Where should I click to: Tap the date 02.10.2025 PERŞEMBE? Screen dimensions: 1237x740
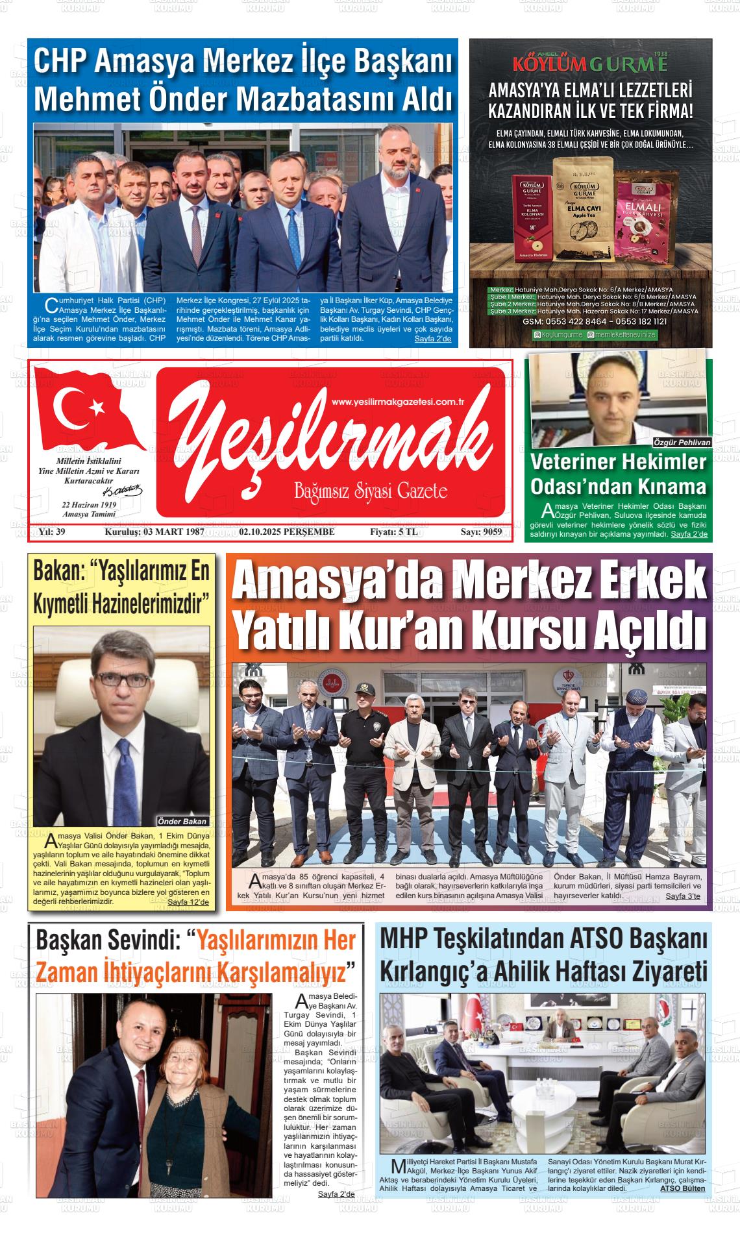(x=287, y=532)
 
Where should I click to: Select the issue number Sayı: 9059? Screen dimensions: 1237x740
(x=481, y=532)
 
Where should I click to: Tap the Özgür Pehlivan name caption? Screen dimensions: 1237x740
(x=682, y=442)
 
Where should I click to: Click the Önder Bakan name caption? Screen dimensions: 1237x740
(x=182, y=821)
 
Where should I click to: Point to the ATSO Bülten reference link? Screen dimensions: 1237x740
(x=682, y=1189)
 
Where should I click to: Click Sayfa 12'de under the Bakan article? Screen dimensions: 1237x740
(x=188, y=902)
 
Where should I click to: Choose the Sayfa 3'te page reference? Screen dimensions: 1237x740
(x=684, y=896)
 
